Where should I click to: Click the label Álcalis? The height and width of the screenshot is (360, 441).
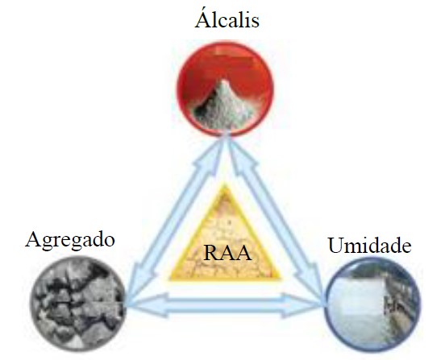tap(227, 19)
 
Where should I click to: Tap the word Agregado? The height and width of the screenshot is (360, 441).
tap(70, 241)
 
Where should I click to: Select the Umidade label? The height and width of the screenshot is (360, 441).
tap(370, 246)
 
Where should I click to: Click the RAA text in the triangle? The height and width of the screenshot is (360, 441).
tap(227, 253)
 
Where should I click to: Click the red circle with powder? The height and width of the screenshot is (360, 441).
tap(225, 89)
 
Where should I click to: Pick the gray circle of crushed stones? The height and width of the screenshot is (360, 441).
tap(78, 304)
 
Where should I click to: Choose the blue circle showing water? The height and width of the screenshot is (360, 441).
tap(372, 304)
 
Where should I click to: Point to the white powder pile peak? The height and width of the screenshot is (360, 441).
tap(224, 81)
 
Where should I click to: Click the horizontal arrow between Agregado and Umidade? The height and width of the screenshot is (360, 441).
tap(225, 305)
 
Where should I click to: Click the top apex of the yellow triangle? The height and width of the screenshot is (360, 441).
tap(225, 184)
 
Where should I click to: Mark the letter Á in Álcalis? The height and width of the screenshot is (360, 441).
tap(203, 19)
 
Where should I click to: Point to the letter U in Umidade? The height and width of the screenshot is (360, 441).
tap(337, 246)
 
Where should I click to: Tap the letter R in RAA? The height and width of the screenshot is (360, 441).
tap(211, 253)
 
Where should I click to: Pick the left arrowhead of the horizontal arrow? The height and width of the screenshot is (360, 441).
tap(146, 305)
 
